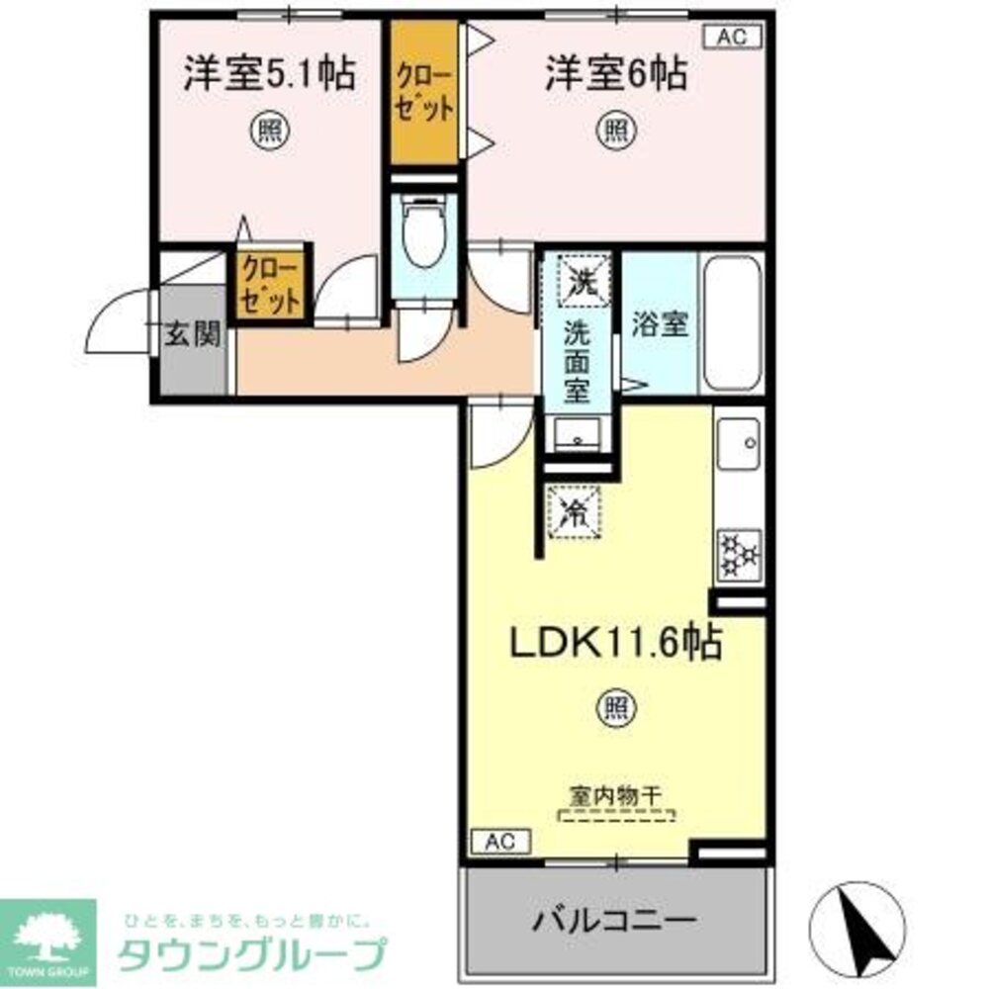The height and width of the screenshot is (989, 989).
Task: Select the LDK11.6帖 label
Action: click(x=614, y=644)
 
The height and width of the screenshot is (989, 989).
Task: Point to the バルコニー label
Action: click(x=615, y=922)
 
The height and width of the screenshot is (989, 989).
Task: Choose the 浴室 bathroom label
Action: click(x=661, y=325)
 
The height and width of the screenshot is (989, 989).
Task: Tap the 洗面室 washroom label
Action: click(x=578, y=361)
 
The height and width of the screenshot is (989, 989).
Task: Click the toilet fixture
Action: click(x=424, y=238)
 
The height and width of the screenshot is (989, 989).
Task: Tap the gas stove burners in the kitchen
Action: click(x=740, y=555)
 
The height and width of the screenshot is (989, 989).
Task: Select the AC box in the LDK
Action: click(x=500, y=842)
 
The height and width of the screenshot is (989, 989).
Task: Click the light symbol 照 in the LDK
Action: click(x=614, y=707)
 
